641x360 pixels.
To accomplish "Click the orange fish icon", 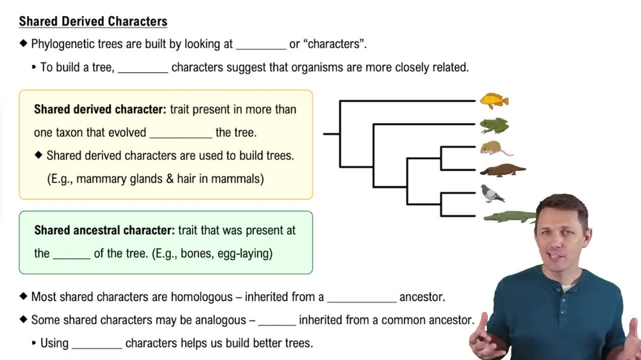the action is pyautogui.click(x=494, y=101).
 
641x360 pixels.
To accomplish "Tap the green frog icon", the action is pyautogui.click(x=494, y=125).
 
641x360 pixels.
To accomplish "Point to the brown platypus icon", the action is pyautogui.click(x=503, y=170).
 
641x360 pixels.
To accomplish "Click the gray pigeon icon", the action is pyautogui.click(x=492, y=193).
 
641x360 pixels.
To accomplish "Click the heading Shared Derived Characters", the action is pyautogui.click(x=93, y=21).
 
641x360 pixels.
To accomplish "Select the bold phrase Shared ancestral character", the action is pyautogui.click(x=104, y=230).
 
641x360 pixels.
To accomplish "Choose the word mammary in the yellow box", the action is pyautogui.click(x=100, y=179).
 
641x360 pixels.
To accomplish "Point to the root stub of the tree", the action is pyautogui.click(x=331, y=134).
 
